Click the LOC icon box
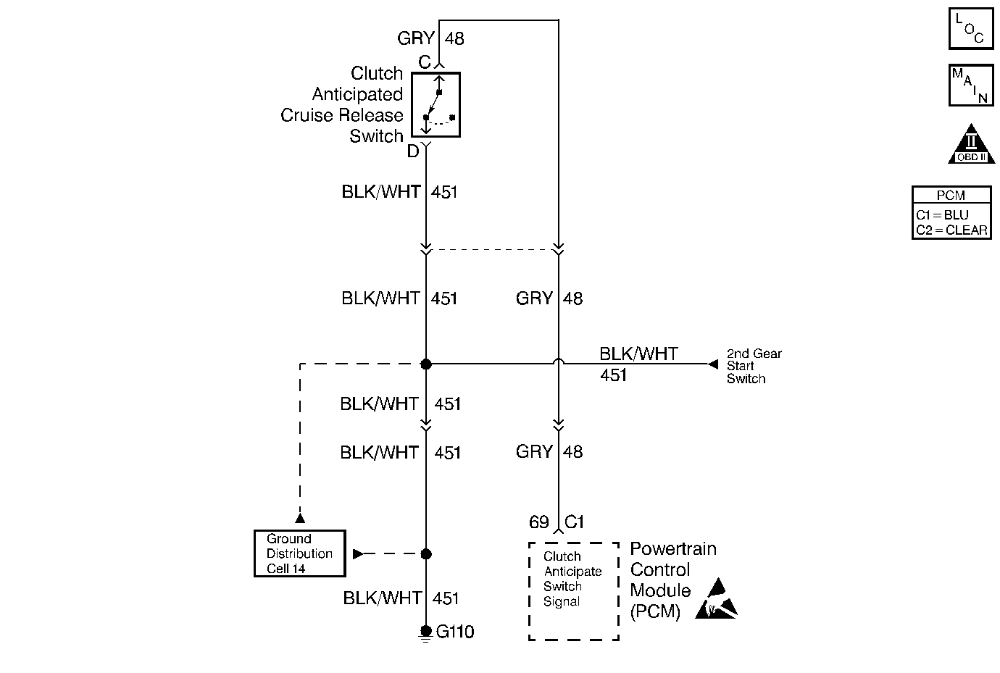[970, 29]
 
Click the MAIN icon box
[970, 85]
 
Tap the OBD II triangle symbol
[971, 144]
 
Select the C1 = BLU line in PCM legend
[942, 215]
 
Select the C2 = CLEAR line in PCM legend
[951, 230]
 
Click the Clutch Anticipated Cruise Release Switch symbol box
[436, 105]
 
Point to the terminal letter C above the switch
[425, 63]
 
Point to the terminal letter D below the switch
[413, 151]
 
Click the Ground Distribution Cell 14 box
[299, 553]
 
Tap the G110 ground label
[455, 632]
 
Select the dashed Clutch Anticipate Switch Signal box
[573, 591]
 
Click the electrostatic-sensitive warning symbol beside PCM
[716, 599]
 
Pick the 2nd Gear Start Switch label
[754, 366]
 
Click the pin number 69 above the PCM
[539, 522]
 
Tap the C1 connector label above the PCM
[574, 522]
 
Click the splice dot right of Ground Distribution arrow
[426, 554]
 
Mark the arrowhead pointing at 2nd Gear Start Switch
[712, 364]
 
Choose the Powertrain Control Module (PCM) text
[672, 580]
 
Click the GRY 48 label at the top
[430, 38]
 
